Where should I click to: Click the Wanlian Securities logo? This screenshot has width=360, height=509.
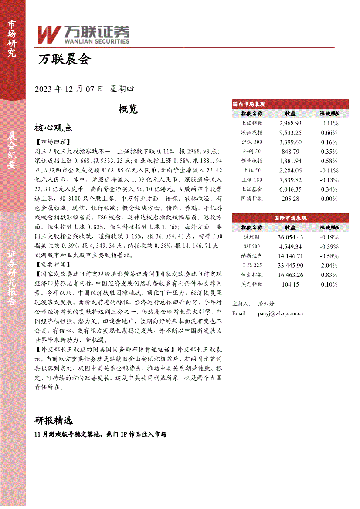(x=83, y=34)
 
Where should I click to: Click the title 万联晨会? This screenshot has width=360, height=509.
(x=65, y=60)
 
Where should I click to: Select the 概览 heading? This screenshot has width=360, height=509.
(x=128, y=109)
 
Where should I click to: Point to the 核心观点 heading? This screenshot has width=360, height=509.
(x=53, y=128)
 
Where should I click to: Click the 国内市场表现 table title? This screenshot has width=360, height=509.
(x=249, y=104)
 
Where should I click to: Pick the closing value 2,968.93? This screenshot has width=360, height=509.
(x=290, y=123)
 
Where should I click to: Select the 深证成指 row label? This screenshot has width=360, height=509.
(x=251, y=132)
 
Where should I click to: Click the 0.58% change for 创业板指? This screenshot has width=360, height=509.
(x=329, y=161)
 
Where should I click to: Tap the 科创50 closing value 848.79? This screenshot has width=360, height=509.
(x=290, y=151)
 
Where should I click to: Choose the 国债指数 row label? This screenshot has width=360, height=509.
(x=251, y=198)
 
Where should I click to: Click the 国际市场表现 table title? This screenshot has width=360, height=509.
(x=290, y=218)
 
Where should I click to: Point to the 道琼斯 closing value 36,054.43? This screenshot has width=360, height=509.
(x=290, y=237)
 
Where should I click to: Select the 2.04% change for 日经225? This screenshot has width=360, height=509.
(x=329, y=265)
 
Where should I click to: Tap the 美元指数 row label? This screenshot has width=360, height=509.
(x=251, y=284)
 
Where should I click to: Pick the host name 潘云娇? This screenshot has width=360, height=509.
(x=266, y=303)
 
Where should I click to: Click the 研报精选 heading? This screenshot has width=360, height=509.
(x=53, y=420)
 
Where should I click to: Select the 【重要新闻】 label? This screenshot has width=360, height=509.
(x=52, y=264)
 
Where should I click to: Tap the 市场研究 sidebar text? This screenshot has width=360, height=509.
(x=12, y=39)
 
